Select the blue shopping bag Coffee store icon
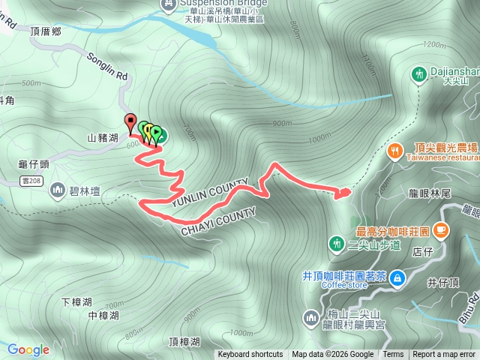(398, 277)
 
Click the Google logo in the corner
(28, 349)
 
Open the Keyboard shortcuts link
(250, 355)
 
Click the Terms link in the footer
(393, 355)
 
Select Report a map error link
(445, 355)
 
